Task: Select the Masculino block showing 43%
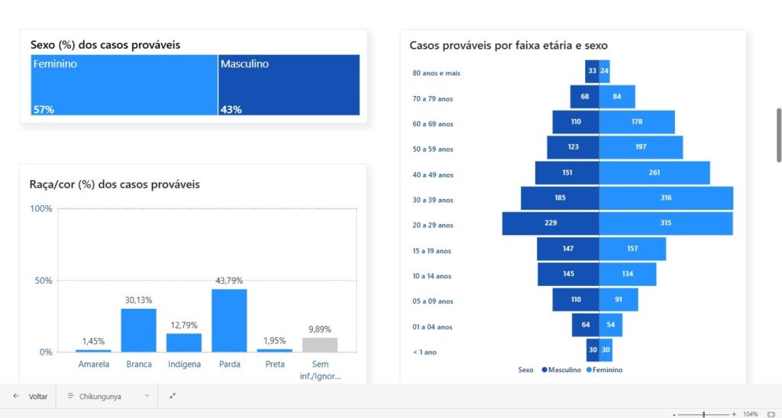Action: [x=289, y=85]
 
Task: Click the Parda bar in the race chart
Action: [x=229, y=320]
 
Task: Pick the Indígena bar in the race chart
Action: [x=184, y=342]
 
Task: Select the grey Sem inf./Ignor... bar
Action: [x=320, y=345]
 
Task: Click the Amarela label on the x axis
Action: [x=94, y=365]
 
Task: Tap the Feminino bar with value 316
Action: [x=666, y=198]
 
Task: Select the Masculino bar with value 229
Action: [x=550, y=223]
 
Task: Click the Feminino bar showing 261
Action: [x=654, y=172]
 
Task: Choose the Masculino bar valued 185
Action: [x=560, y=198]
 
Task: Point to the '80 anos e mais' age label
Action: [x=435, y=73]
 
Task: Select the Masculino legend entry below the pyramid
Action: [x=562, y=370]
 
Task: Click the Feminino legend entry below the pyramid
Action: [x=606, y=370]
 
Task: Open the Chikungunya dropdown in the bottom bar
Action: [x=108, y=397]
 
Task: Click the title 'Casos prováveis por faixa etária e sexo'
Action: [x=509, y=46]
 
